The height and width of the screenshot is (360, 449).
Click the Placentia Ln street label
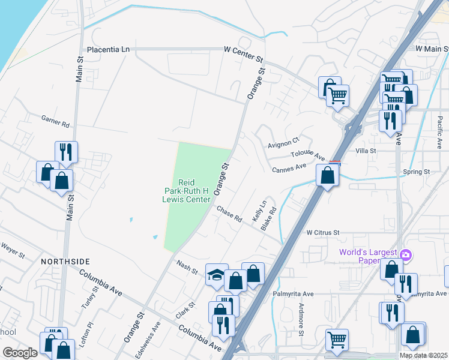[109, 50]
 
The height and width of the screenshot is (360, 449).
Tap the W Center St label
[244, 50]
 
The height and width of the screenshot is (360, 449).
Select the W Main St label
[432, 47]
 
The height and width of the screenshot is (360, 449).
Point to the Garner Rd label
[55, 122]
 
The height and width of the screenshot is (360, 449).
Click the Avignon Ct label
[283, 142]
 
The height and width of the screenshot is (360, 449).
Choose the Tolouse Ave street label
[308, 154]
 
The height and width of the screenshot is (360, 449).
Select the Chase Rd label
[229, 214]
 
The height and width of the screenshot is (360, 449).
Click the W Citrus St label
[323, 232]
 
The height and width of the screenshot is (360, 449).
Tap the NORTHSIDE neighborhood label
[65, 262]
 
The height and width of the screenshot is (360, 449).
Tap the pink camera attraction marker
[405, 256]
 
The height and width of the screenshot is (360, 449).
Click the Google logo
[20, 353]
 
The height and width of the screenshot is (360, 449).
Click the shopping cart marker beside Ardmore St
[337, 340]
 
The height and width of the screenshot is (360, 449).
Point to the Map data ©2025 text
[423, 355]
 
